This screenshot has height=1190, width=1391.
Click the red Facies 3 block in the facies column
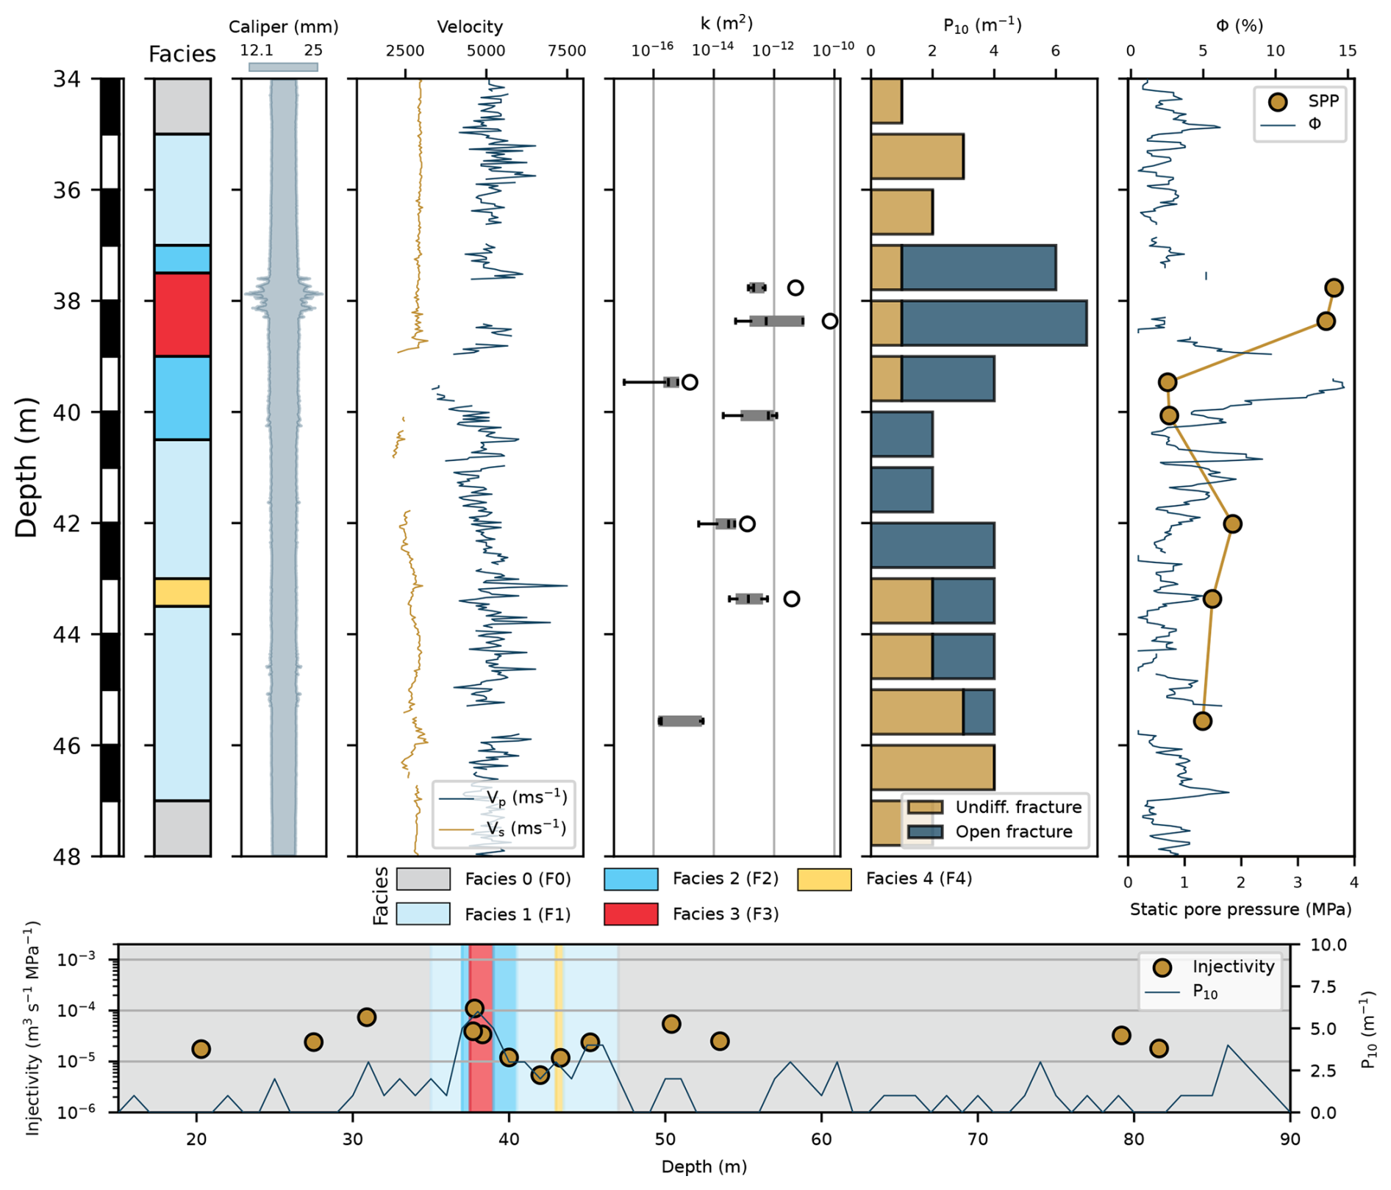click(182, 315)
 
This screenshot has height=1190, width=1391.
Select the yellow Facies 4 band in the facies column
click(182, 592)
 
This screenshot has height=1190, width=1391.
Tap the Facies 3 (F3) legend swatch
click(630, 914)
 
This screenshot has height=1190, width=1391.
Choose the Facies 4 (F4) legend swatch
click(824, 879)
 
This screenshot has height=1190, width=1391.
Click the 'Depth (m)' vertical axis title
click(26, 467)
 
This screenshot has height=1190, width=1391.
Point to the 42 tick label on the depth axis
click(67, 523)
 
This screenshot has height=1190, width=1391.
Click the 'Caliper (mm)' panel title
click(283, 27)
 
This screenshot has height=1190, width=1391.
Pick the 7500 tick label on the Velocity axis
click(567, 51)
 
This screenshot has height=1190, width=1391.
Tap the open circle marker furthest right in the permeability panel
click(829, 321)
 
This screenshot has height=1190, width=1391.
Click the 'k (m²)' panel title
click(726, 24)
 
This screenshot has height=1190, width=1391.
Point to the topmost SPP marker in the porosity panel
click(1334, 287)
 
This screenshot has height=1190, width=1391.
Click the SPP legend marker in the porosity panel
click(1278, 101)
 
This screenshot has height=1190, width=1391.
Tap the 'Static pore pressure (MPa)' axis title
click(1240, 909)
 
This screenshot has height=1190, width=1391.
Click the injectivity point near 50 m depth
click(671, 1024)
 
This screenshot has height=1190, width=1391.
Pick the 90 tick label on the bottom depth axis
click(1290, 1139)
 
